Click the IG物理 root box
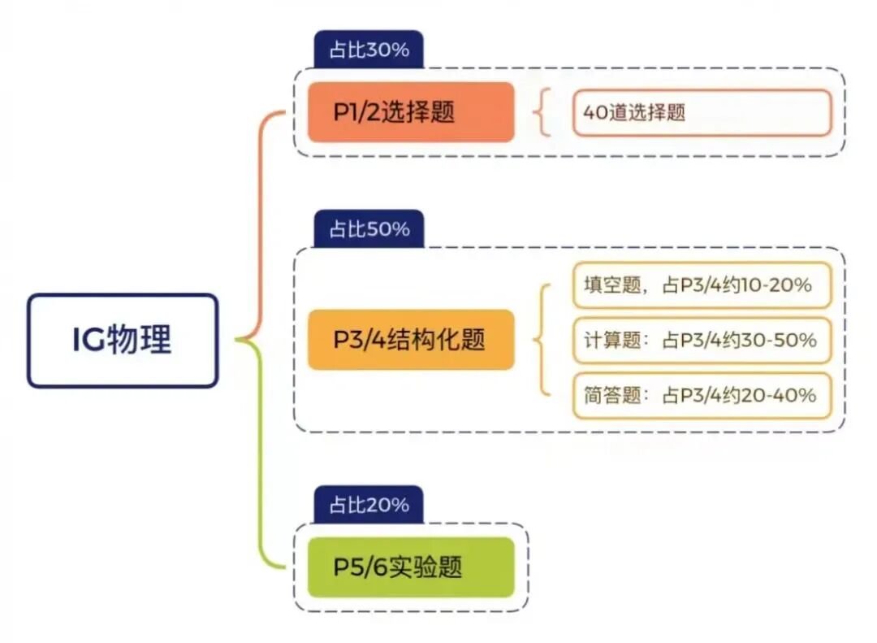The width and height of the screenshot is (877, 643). pyautogui.click(x=123, y=340)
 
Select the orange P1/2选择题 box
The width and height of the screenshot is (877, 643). pyautogui.click(x=411, y=112)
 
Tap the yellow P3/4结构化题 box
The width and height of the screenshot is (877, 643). pyautogui.click(x=411, y=340)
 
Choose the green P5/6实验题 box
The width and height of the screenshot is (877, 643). pyautogui.click(x=411, y=567)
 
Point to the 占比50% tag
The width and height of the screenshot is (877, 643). pyautogui.click(x=369, y=229)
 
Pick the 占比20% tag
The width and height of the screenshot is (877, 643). pyautogui.click(x=369, y=505)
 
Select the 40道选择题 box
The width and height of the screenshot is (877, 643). pyautogui.click(x=702, y=112)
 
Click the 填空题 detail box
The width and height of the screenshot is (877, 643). pyautogui.click(x=702, y=285)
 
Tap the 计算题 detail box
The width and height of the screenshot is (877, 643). pyautogui.click(x=702, y=340)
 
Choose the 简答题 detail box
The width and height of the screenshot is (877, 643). pyautogui.click(x=702, y=395)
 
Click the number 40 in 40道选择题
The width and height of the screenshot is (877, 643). pyautogui.click(x=595, y=113)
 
